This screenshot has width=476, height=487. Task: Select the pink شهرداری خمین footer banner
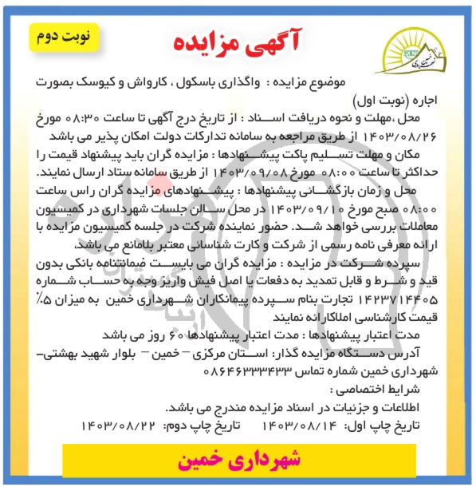[239, 460]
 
